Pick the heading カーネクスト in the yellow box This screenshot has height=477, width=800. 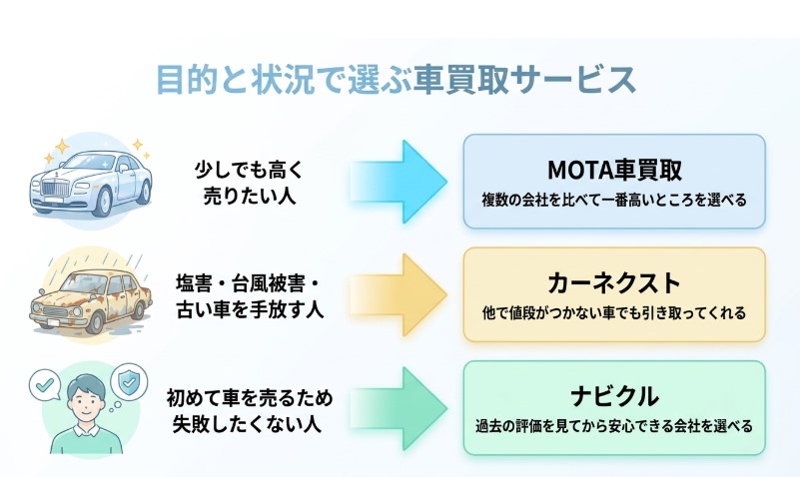pyautogui.click(x=614, y=281)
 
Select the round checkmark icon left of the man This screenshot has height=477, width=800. pyautogui.click(x=44, y=383)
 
